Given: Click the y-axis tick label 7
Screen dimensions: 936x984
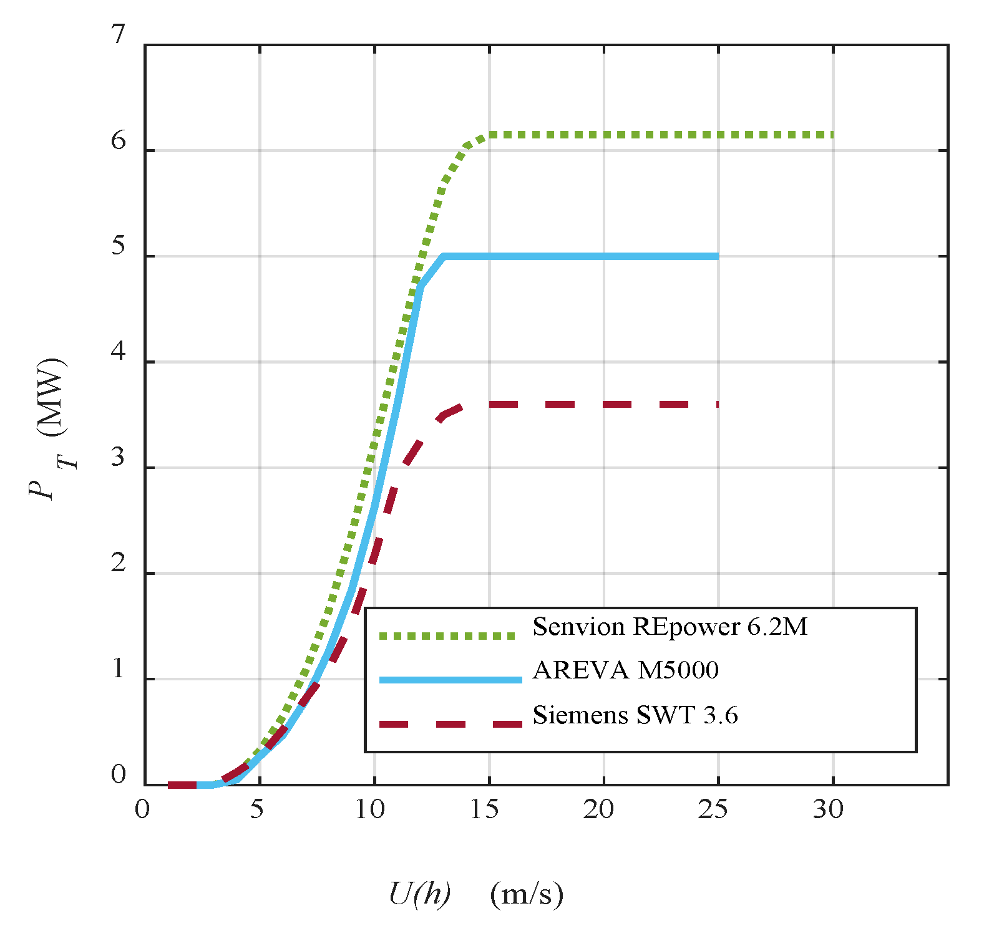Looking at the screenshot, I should [x=119, y=35].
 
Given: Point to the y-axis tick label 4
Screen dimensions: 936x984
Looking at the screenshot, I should [x=119, y=352].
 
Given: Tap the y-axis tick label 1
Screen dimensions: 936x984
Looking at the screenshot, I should [x=119, y=670].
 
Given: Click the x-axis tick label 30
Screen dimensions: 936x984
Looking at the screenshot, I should [x=828, y=809].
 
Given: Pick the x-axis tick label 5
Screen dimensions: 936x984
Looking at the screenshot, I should [x=256, y=809].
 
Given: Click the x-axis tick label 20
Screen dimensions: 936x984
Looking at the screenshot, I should [x=599, y=809].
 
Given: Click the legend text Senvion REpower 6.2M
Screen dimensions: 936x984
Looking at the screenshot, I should [x=670, y=627].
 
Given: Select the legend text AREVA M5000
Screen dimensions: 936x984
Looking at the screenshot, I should [x=625, y=670].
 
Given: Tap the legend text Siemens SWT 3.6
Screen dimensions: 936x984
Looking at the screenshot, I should [x=635, y=715].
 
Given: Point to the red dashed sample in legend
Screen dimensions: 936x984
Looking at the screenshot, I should [x=451, y=724].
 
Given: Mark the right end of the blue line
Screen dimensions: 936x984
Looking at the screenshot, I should [x=718, y=256].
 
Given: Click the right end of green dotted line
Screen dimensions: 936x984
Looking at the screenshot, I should [x=832, y=135].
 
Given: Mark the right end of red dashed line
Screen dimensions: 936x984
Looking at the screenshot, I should [x=718, y=405].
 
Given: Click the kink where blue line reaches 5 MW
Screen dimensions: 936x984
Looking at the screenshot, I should [x=443, y=256].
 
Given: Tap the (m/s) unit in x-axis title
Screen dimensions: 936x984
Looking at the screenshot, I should [x=527, y=894].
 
